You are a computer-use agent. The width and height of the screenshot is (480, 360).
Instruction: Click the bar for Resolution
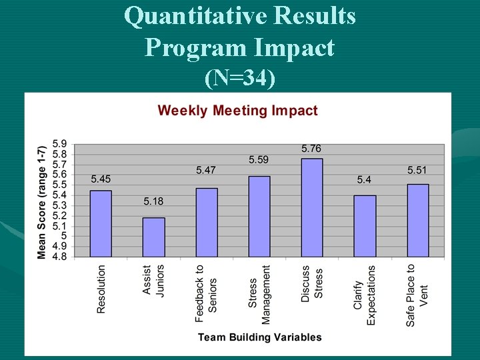point(101,223)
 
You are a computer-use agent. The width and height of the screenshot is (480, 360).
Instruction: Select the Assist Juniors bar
point(153,237)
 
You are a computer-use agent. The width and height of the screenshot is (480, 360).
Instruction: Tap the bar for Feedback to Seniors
point(206,222)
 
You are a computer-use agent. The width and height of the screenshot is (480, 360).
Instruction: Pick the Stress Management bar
point(259,216)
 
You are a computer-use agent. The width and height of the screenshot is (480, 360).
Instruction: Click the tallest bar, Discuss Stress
point(311,207)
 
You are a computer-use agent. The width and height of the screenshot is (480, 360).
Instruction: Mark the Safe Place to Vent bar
point(417,220)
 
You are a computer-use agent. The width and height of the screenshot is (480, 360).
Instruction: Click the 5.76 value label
point(311,149)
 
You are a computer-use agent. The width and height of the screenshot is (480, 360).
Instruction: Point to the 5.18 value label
point(153,201)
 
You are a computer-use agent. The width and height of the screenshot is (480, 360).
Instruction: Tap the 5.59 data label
point(259,160)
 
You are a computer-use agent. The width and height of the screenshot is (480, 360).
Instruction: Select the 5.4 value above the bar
point(364,179)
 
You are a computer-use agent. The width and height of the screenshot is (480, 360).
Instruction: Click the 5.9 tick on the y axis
point(59,143)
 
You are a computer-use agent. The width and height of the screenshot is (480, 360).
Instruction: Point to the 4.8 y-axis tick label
point(59,257)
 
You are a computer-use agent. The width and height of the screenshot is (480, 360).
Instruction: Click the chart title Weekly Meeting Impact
point(237,111)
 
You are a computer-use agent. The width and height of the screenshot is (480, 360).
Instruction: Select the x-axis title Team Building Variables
point(259,337)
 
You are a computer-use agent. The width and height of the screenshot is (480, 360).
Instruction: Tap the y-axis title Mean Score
point(42,201)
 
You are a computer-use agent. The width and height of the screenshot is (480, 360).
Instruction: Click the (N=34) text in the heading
point(240,79)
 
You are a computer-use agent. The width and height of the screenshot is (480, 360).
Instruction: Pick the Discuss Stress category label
point(311,284)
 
